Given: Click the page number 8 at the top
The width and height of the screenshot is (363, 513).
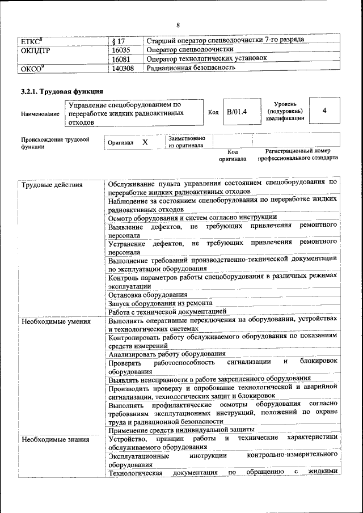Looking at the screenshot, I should [x=178, y=26].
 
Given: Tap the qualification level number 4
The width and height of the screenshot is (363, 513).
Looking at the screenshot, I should [x=324, y=111].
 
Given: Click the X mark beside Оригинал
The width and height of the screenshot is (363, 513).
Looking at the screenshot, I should [x=145, y=142].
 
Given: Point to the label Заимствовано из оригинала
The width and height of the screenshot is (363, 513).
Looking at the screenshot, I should [x=187, y=142].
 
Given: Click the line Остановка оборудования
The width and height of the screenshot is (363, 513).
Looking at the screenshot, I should [x=148, y=295].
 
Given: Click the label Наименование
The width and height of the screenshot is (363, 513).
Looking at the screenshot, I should [x=40, y=114].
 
